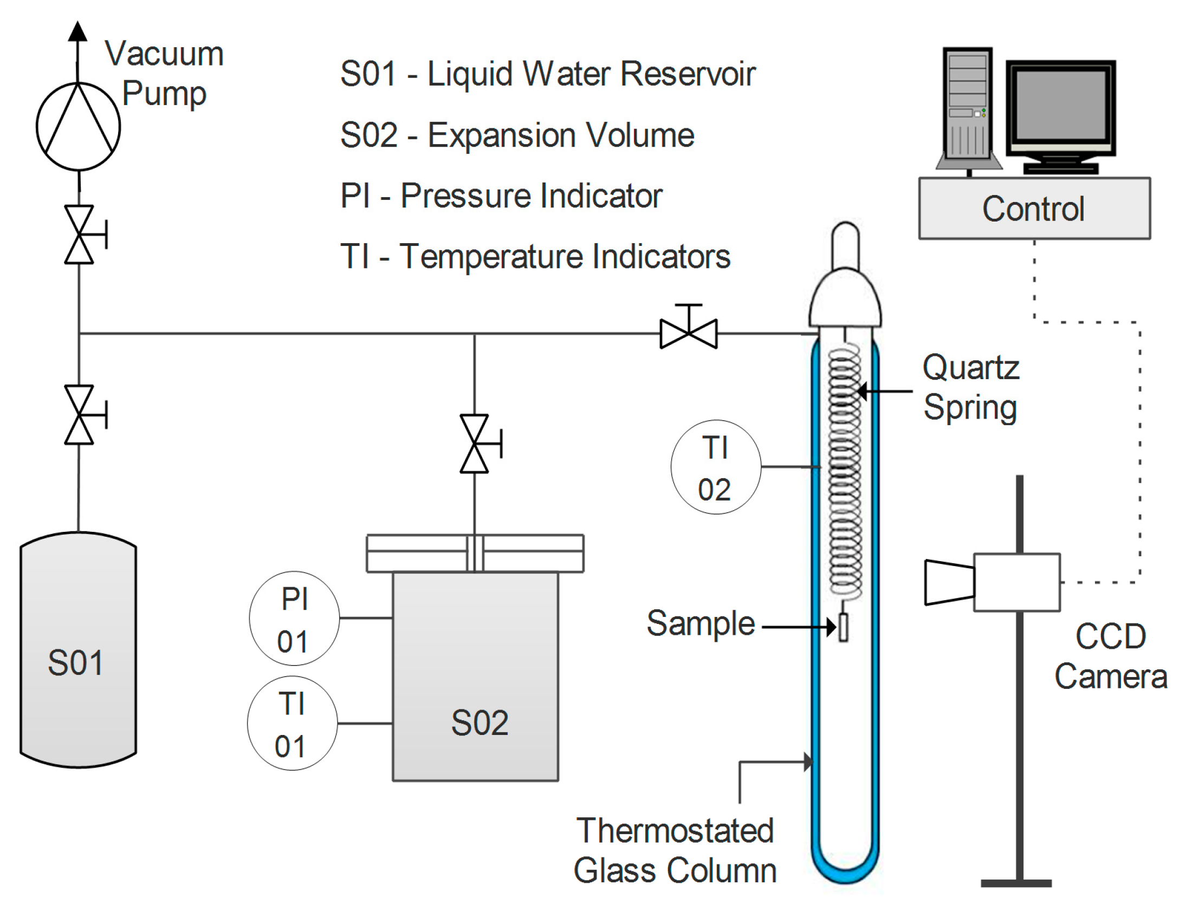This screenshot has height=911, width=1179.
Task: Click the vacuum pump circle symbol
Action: pyautogui.click(x=78, y=126)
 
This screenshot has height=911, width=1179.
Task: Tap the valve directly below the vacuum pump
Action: pyautogui.click(x=80, y=235)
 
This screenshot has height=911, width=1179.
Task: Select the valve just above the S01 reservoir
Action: pyautogui.click(x=80, y=415)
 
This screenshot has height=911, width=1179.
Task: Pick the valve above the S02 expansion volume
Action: pyautogui.click(x=475, y=444)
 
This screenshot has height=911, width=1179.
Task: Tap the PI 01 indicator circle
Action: pyautogui.click(x=294, y=618)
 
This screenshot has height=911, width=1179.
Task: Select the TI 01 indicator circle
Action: pyautogui.click(x=292, y=723)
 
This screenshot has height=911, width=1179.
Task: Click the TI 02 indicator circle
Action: pyautogui.click(x=716, y=467)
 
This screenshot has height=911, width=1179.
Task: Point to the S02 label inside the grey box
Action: pyautogui.click(x=480, y=723)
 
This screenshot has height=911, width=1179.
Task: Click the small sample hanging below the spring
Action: pyautogui.click(x=843, y=627)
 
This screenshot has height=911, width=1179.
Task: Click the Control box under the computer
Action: pyautogui.click(x=1034, y=209)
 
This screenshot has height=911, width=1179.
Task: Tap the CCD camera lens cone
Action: pyautogui.click(x=948, y=582)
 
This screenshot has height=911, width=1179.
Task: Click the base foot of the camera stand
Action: pyautogui.click(x=1016, y=883)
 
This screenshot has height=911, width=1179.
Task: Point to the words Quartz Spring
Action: pyautogui.click(x=971, y=387)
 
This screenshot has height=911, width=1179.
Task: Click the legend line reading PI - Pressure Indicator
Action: pyautogui.click(x=501, y=196)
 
